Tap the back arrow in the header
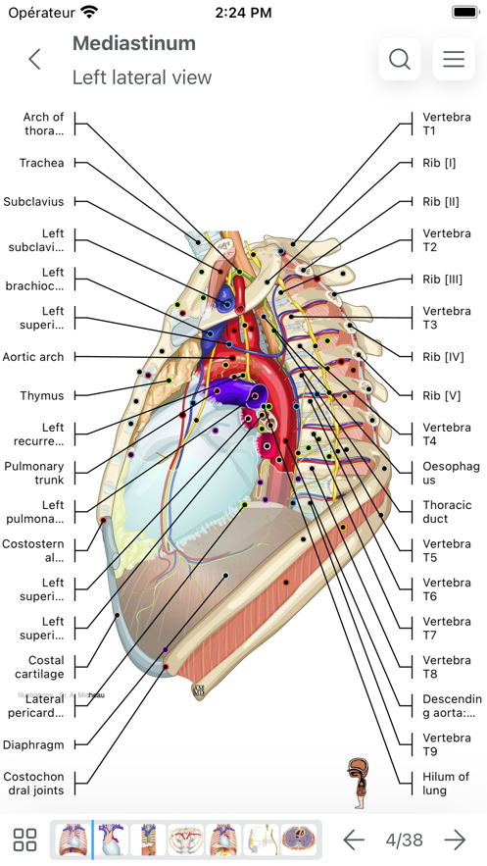(35, 59)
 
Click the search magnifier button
(400, 59)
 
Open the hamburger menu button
(454, 59)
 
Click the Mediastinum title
(134, 43)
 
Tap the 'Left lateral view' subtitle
(142, 77)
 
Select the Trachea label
(41, 163)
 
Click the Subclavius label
(33, 202)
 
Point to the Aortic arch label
(33, 357)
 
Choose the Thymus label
(42, 396)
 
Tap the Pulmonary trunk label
(34, 474)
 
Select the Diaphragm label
(33, 745)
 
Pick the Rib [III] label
(442, 280)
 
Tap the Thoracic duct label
(446, 512)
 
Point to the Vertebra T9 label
(446, 744)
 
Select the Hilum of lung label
(446, 784)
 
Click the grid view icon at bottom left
(25, 840)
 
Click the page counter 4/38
(404, 840)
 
